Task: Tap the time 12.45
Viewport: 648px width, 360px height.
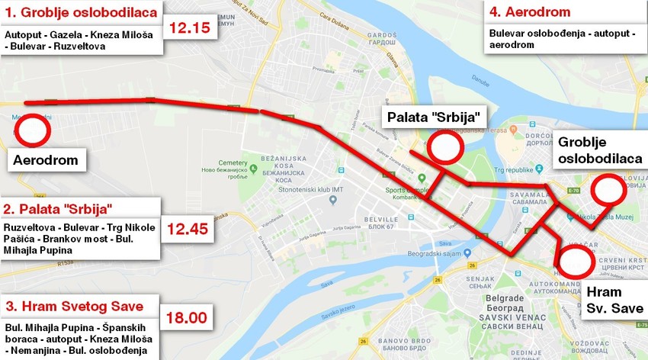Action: point(188,227)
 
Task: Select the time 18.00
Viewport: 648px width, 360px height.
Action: point(188,317)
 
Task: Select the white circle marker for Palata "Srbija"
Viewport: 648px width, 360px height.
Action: point(444,146)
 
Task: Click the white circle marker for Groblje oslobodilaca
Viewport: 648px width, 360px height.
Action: point(608,190)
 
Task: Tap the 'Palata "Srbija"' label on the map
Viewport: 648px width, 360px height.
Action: point(433,117)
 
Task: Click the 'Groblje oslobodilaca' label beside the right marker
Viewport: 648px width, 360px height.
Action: point(600,150)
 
